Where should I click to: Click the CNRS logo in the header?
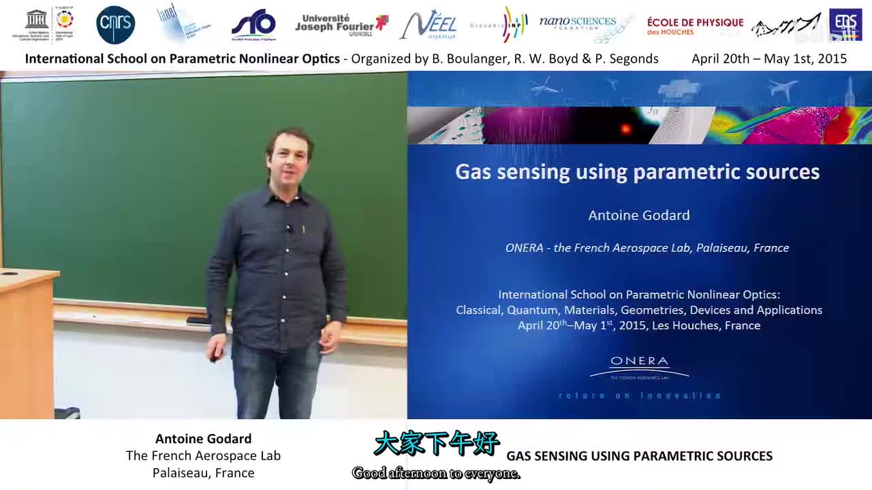(x=115, y=25)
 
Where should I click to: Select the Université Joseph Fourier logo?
(x=341, y=24)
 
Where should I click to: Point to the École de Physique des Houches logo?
(x=695, y=26)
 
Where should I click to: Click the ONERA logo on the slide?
(x=639, y=367)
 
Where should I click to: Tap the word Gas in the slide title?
(x=473, y=171)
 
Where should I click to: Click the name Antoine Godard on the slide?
(x=639, y=215)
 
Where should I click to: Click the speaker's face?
(x=290, y=159)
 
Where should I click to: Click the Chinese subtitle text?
(x=436, y=443)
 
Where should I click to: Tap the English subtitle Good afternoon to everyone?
(x=436, y=473)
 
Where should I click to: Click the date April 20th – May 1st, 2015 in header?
(x=769, y=59)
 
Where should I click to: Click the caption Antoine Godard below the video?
(x=203, y=439)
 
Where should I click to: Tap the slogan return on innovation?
(x=639, y=395)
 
